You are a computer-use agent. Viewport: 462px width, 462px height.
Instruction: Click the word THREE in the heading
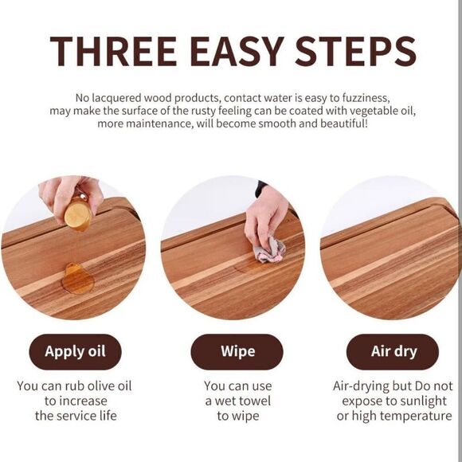click(x=113, y=52)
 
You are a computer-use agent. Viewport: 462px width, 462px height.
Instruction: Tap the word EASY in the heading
click(x=237, y=52)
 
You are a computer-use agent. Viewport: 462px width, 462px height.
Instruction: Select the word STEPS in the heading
click(x=355, y=52)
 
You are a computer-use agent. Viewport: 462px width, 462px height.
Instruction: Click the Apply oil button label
click(x=75, y=352)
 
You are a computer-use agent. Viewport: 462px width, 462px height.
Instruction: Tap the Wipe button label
click(x=238, y=351)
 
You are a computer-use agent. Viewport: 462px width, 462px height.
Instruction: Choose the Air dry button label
click(x=394, y=351)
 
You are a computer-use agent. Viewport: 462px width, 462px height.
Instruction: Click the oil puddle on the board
click(x=78, y=279)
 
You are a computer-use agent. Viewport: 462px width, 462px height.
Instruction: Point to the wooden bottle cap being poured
click(x=78, y=214)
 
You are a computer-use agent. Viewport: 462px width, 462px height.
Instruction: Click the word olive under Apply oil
click(x=101, y=386)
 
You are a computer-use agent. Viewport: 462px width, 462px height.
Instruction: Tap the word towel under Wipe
click(x=256, y=401)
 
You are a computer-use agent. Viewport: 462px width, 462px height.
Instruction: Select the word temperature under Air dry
click(x=422, y=417)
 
